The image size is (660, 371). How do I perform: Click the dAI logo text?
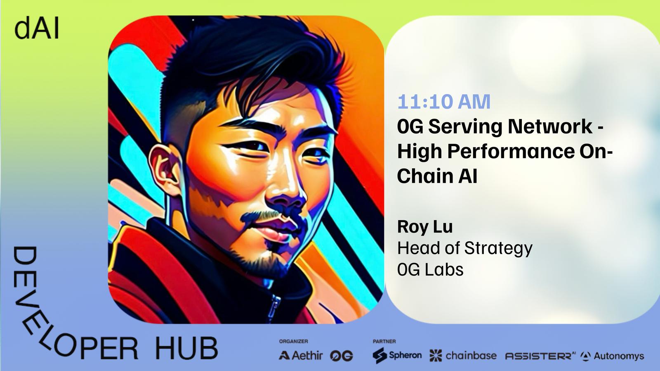coord(37,29)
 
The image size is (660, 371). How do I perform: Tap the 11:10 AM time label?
coord(444,102)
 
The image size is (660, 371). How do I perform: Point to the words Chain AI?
coord(437,176)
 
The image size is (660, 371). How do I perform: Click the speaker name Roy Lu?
coord(425,227)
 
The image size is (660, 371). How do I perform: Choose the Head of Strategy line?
coord(464,248)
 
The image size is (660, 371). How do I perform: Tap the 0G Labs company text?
coord(430,269)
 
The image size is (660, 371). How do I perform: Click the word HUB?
coord(186,349)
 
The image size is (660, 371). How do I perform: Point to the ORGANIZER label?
coord(293,342)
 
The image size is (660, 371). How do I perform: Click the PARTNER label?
coord(384,342)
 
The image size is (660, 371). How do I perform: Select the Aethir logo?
coord(301,356)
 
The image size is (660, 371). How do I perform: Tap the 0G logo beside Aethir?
coord(342,356)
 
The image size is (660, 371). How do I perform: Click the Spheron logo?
coord(397,355)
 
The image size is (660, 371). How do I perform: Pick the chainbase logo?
coord(463,356)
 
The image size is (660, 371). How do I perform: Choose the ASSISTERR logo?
coord(540,356)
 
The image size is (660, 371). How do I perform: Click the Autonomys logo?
coord(612,356)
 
